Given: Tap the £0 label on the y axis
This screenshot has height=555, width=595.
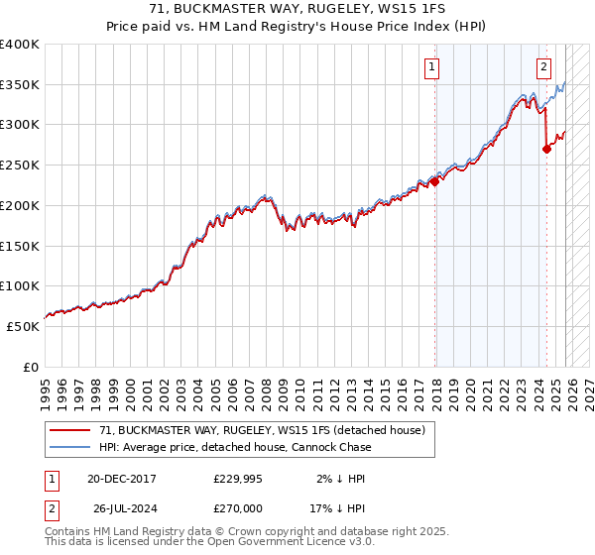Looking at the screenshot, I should [x=31, y=367].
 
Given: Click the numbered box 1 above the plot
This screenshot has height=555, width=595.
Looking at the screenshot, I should [x=433, y=67].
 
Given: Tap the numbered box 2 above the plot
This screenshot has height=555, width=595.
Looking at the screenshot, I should [x=544, y=67].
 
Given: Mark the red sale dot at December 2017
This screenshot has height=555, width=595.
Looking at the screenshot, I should [x=434, y=181].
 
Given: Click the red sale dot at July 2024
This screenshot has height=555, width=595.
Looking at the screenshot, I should [x=546, y=150].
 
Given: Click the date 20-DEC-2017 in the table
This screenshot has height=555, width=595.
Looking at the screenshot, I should [x=122, y=478].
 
